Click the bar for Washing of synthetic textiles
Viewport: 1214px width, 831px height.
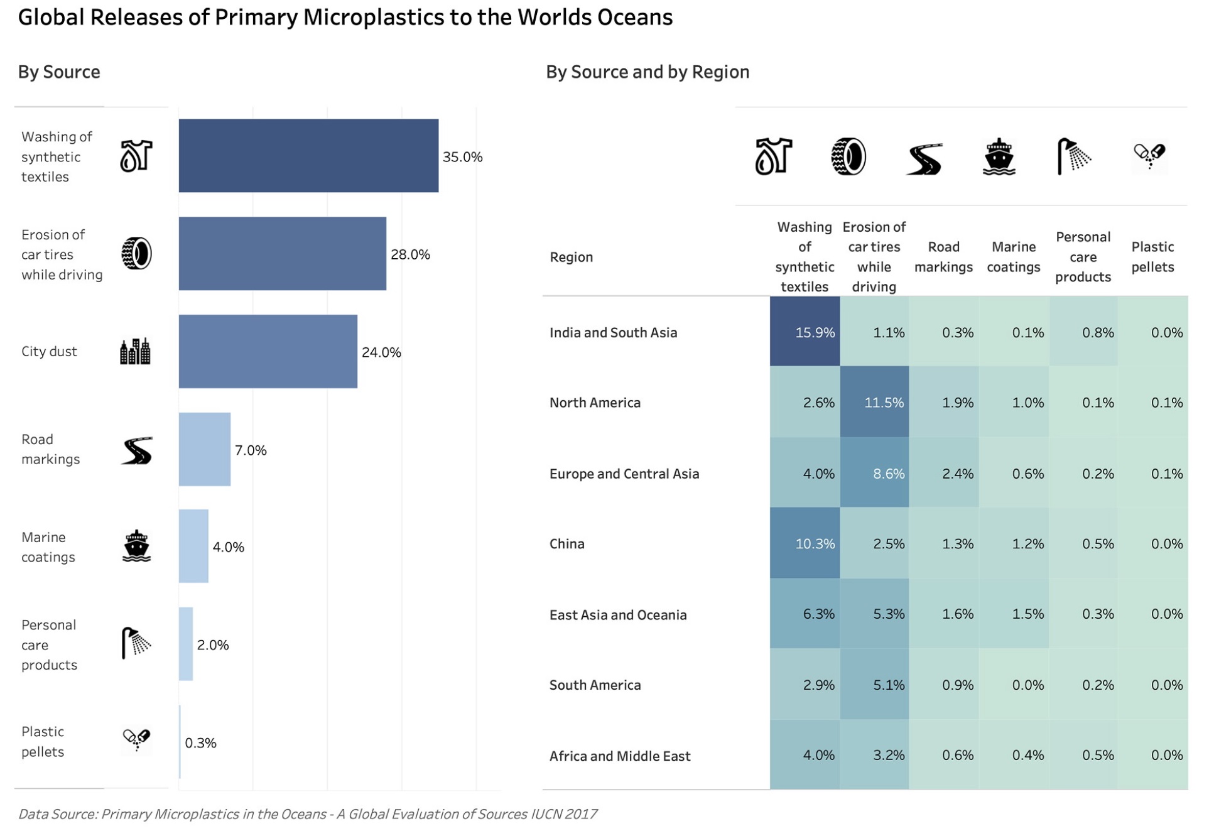tap(308, 155)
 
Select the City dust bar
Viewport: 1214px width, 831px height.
tap(268, 351)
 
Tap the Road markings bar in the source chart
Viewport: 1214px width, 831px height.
tap(204, 449)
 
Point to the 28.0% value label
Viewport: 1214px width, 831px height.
tap(409, 254)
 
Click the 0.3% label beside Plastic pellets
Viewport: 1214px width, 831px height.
tap(200, 742)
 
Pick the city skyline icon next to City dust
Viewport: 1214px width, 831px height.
tap(135, 351)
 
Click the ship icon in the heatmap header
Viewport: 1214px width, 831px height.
tap(998, 156)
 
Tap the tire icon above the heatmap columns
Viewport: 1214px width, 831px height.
tap(848, 156)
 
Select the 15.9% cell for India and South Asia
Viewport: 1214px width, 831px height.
tap(805, 332)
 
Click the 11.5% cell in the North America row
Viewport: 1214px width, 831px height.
tap(874, 402)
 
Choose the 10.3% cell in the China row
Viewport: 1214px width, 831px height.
tap(805, 543)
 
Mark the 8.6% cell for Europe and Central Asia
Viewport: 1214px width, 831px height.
tap(874, 473)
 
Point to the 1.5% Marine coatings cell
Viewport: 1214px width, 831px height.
tap(1013, 614)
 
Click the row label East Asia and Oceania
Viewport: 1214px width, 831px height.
tap(617, 614)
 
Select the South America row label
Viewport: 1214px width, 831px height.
tap(594, 685)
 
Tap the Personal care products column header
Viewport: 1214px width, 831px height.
tap(1082, 256)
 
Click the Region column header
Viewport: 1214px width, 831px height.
tap(570, 256)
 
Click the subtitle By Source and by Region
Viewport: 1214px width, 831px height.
tap(647, 72)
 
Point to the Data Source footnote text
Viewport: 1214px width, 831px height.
tap(307, 813)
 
